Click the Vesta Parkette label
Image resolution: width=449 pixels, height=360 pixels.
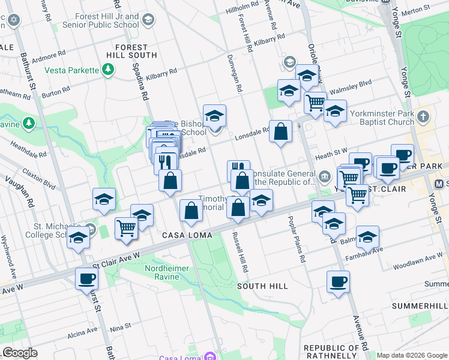[x=71, y=70]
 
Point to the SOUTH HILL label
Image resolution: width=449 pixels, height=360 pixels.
[x=262, y=286]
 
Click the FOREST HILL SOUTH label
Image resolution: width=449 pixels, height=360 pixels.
[x=131, y=51]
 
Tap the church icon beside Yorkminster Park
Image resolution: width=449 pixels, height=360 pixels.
[x=424, y=115]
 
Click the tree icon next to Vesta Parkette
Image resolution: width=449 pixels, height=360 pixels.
[x=108, y=70]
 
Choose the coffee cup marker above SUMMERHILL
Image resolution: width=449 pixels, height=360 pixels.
[x=339, y=281]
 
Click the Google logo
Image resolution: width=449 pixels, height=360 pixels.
[x=19, y=353]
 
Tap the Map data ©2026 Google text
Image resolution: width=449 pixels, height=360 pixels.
[x=411, y=355]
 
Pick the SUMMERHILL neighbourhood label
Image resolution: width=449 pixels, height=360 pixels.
[x=420, y=306]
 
